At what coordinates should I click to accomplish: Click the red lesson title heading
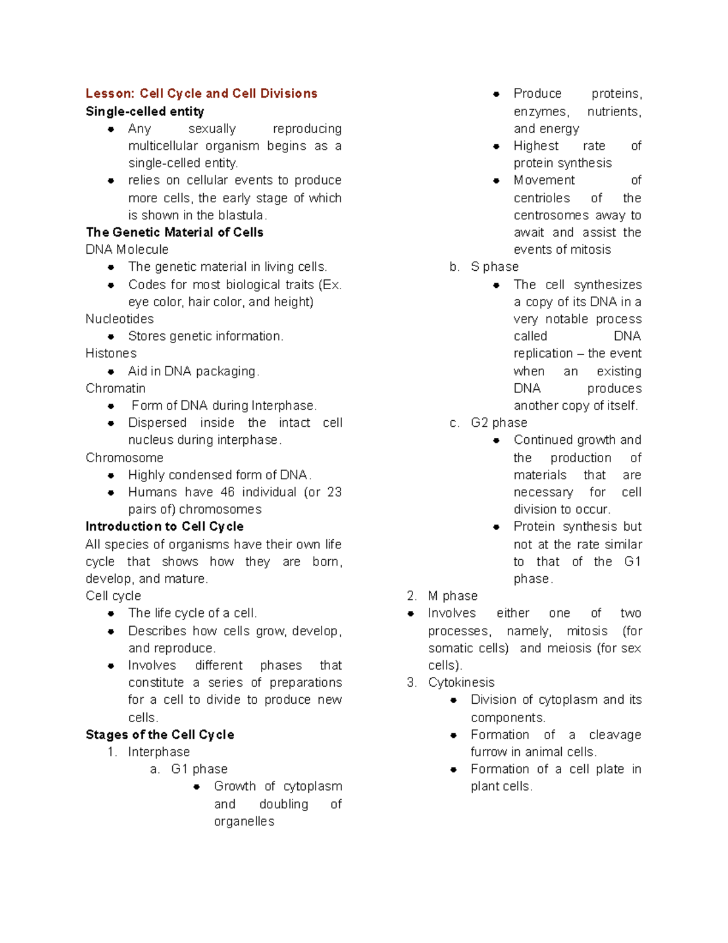[201, 94]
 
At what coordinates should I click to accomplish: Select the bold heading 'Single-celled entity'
[145, 111]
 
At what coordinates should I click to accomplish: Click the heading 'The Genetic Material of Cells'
[175, 232]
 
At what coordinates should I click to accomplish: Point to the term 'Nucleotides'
[120, 319]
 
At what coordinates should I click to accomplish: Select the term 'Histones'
[111, 353]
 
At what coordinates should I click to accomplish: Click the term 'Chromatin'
[115, 388]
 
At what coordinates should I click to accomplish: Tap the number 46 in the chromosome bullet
[227, 492]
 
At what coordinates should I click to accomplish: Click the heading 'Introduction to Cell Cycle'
[164, 526]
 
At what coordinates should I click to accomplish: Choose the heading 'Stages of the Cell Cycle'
[160, 735]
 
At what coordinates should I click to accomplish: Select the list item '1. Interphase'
[158, 752]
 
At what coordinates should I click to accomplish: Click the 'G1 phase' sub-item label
[199, 769]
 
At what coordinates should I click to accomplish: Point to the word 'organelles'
[244, 821]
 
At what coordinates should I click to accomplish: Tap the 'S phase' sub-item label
[494, 267]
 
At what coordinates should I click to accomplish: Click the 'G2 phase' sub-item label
[499, 423]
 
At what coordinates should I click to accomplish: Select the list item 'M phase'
[453, 596]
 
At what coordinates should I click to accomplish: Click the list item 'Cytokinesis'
[461, 683]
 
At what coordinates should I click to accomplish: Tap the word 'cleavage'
[615, 735]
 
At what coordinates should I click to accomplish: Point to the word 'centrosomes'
[551, 215]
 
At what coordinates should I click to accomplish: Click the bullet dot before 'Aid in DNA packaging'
[111, 372]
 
